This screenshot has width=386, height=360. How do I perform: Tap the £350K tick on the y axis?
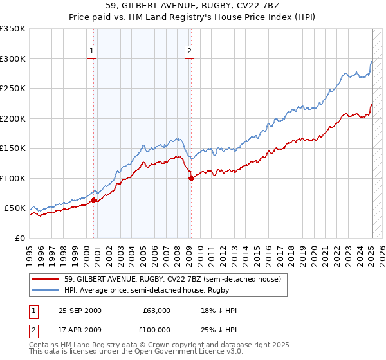point(13,29)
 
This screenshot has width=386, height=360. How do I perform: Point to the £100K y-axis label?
point(13,178)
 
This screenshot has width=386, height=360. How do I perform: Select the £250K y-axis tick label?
point(13,89)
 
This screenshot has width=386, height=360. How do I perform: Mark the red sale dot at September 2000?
point(94,200)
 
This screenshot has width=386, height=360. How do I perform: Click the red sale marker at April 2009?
point(191,179)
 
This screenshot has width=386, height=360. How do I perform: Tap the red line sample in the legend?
point(46,280)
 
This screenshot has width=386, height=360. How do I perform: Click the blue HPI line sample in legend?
point(46,291)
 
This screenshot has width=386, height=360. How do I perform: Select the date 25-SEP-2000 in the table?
point(80,310)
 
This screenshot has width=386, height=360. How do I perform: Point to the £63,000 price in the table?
point(156,310)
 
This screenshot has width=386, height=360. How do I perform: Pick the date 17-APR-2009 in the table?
point(80,330)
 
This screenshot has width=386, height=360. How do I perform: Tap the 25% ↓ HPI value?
point(219,330)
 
